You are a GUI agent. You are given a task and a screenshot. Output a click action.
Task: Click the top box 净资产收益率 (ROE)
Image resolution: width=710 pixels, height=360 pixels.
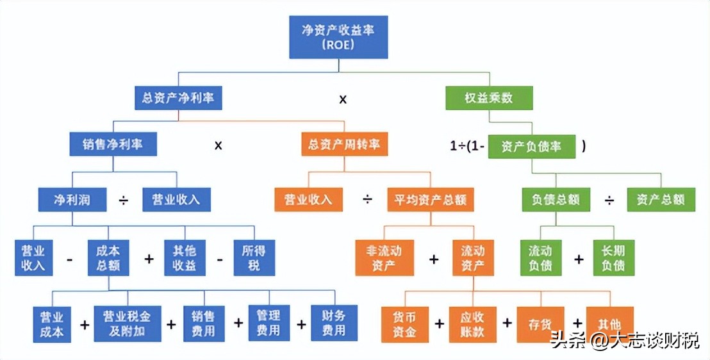click(338, 37)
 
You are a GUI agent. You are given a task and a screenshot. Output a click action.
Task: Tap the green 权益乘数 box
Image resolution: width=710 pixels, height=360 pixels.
click(489, 98)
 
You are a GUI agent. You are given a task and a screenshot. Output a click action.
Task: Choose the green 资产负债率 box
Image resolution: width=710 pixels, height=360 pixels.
click(532, 146)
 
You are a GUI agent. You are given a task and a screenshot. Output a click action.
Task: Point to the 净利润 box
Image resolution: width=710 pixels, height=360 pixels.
click(72, 199)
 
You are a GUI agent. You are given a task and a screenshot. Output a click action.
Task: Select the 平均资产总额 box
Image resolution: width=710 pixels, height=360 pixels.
click(430, 199)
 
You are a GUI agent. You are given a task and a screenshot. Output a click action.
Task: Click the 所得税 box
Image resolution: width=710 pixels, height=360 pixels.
click(254, 258)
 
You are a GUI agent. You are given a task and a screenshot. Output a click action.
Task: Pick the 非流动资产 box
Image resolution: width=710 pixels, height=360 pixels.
click(384, 258)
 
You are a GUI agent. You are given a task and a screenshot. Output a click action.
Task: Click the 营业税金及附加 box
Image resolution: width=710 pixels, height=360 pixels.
click(128, 323)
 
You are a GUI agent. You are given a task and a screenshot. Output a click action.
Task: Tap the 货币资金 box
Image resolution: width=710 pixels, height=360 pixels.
click(405, 324)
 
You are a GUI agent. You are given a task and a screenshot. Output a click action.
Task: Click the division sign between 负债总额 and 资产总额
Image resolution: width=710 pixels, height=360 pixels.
click(609, 200)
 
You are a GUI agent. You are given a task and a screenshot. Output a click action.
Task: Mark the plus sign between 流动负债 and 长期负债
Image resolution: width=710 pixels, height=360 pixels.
click(579, 259)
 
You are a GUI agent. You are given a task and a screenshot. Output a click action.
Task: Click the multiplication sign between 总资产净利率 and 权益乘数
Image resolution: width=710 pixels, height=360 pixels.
click(343, 99)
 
